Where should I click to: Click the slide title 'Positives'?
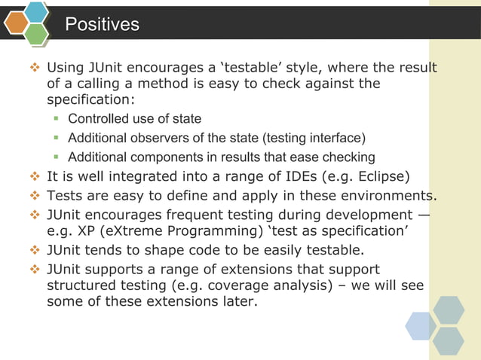pyautogui.click(x=102, y=25)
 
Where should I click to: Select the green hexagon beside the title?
pyautogui.click(x=36, y=33)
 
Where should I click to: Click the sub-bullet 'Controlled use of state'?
pyautogui.click(x=134, y=119)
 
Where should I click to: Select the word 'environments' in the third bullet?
pyautogui.click(x=391, y=197)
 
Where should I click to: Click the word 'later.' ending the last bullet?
pyautogui.click(x=235, y=303)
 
